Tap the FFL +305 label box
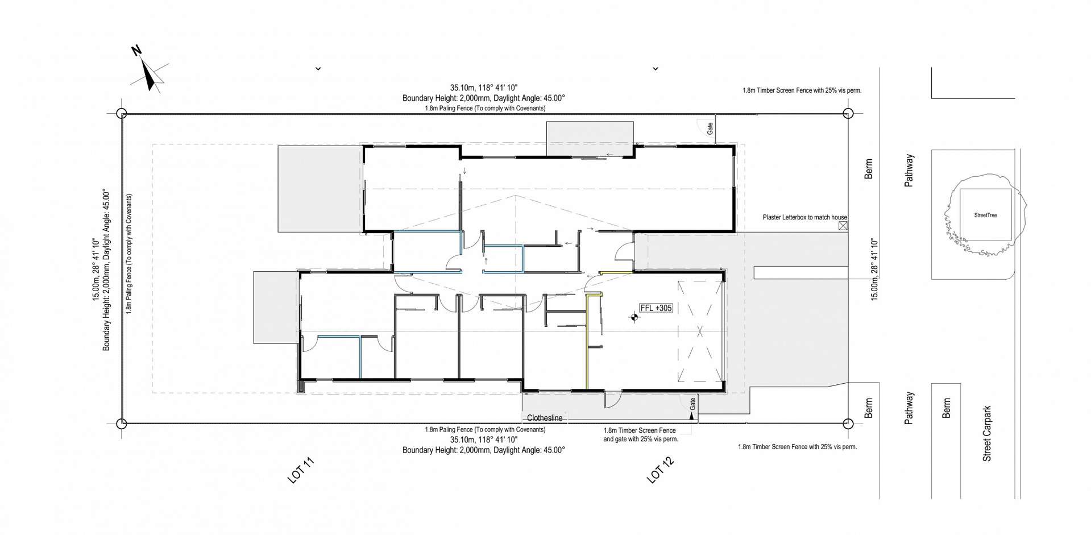click(x=656, y=308)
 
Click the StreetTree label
click(x=985, y=215)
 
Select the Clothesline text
click(x=544, y=418)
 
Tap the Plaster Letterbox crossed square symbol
click(x=843, y=226)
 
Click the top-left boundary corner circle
click(x=121, y=113)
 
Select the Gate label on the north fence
click(x=710, y=128)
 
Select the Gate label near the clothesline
click(x=692, y=404)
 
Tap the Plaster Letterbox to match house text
click(x=804, y=217)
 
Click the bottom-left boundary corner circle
click(x=121, y=424)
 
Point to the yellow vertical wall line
click(x=586, y=341)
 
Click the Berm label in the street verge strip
click(x=946, y=408)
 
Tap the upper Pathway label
click(x=909, y=171)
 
